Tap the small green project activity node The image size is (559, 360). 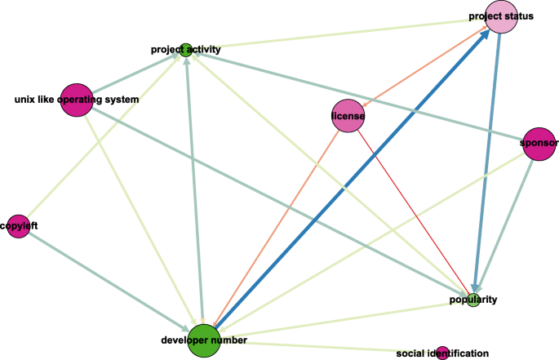click(186, 49)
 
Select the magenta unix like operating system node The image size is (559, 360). click(76, 100)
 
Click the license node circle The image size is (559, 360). click(348, 117)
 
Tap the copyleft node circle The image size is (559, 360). click(18, 225)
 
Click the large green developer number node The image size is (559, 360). click(204, 340)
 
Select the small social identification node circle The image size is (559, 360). click(442, 353)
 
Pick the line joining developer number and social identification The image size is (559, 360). click(326, 346)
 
